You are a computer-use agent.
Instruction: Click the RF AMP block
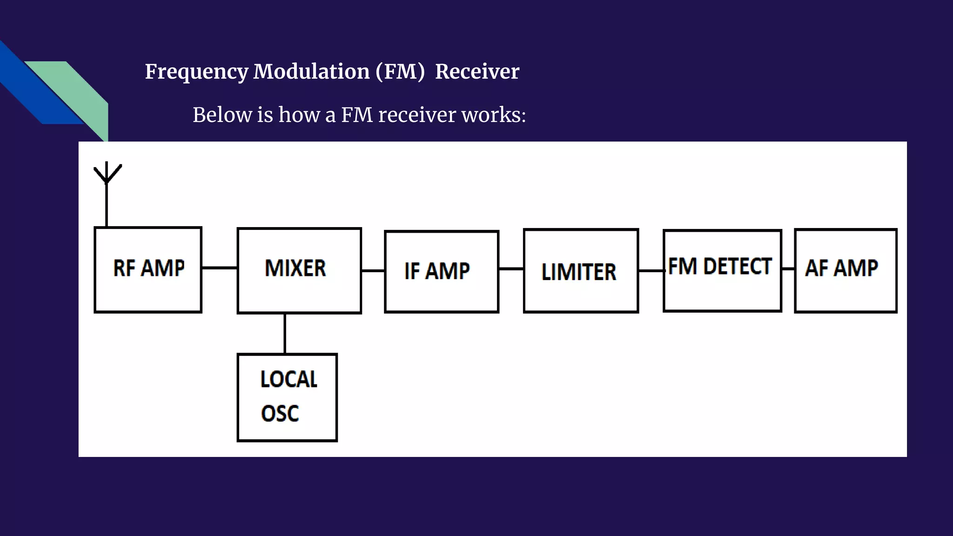[148, 269]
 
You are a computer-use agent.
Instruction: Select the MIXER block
[299, 270]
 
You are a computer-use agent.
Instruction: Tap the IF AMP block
[442, 271]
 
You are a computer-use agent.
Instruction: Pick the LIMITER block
[581, 271]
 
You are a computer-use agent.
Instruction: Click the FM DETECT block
[722, 270]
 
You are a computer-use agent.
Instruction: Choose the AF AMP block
[846, 270]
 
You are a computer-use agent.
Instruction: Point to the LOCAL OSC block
[287, 397]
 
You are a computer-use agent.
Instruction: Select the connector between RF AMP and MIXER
[219, 268]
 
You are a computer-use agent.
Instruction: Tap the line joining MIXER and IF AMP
[373, 270]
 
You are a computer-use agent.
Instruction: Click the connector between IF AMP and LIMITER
[511, 269]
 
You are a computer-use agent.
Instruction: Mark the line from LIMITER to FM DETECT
[651, 270]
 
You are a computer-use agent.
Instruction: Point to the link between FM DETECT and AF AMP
[788, 269]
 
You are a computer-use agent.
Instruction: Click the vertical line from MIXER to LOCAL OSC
[285, 333]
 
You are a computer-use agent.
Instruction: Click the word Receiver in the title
[477, 72]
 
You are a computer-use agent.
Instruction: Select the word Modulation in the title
[311, 72]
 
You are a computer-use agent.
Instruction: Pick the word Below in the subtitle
[222, 115]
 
